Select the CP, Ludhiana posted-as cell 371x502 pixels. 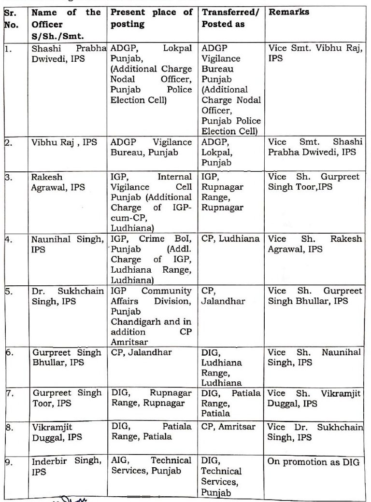click(230, 238)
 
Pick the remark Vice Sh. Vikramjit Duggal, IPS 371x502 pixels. click(314, 398)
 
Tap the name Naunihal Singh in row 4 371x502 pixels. click(67, 243)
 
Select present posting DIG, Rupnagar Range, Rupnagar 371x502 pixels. click(151, 398)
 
